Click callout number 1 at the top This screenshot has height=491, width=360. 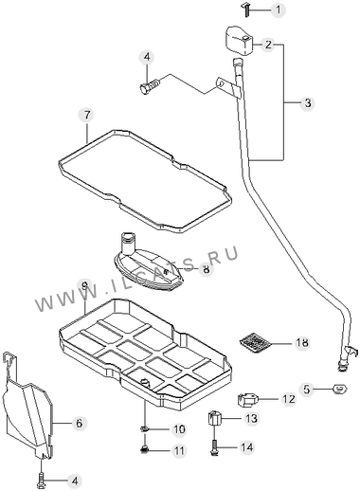tap(278, 9)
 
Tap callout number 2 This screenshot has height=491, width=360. tap(268, 45)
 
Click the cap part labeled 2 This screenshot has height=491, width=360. tap(240, 40)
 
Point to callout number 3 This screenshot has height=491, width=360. tap(308, 103)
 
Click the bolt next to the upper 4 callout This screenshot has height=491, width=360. tap(150, 86)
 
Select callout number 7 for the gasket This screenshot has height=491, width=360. tap(86, 115)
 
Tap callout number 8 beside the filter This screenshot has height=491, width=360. tap(206, 269)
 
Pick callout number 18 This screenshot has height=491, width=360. tap(302, 342)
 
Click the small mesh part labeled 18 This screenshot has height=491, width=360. tap(255, 342)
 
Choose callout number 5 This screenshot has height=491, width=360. tap(307, 389)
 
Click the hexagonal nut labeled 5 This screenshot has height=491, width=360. tap(340, 389)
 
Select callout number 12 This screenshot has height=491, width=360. tap(288, 399)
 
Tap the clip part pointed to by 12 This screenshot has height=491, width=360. tap(247, 399)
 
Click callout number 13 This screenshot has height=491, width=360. tap(251, 419)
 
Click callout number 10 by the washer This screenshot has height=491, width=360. tap(178, 429)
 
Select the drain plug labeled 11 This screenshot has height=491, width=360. tap(144, 449)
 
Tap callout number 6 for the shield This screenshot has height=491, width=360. tap(79, 423)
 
